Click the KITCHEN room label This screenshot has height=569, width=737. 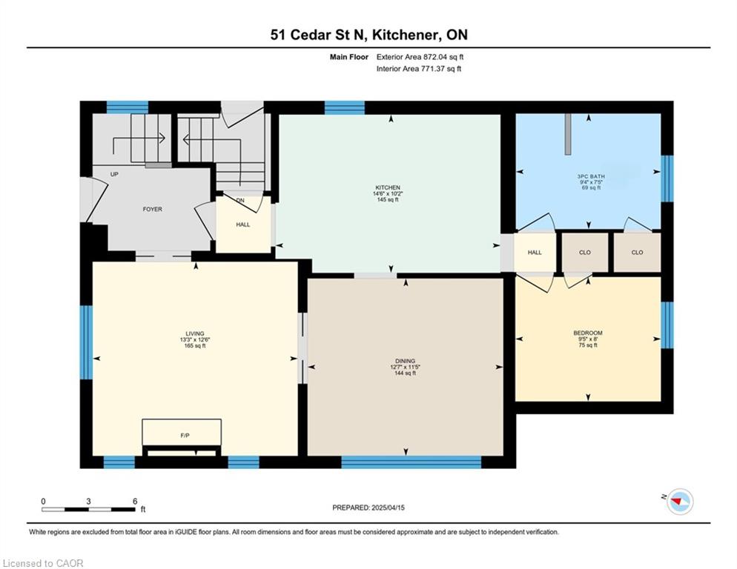pyautogui.click(x=388, y=187)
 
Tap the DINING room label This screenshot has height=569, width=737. pyautogui.click(x=405, y=362)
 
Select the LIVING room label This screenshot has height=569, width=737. pyautogui.click(x=195, y=333)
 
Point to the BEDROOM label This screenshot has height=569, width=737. pyautogui.click(x=587, y=333)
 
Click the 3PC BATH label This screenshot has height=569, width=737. pyautogui.click(x=591, y=176)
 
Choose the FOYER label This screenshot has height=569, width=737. pyautogui.click(x=152, y=209)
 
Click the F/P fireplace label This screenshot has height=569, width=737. pyautogui.click(x=185, y=436)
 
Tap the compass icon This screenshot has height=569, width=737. pyautogui.click(x=680, y=502)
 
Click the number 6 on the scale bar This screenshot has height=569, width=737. pyautogui.click(x=135, y=502)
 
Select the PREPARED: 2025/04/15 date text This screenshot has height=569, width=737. pyautogui.click(x=368, y=508)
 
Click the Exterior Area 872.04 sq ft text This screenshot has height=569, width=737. pyautogui.click(x=420, y=57)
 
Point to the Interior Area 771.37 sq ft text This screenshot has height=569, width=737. pyautogui.click(x=419, y=69)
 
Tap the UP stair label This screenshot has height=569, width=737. pyautogui.click(x=114, y=174)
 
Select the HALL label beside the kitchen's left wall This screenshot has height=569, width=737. pyautogui.click(x=243, y=224)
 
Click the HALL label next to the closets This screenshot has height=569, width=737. pyautogui.click(x=535, y=253)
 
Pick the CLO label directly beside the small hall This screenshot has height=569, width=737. pyautogui.click(x=585, y=253)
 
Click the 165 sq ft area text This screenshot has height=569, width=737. pyautogui.click(x=195, y=346)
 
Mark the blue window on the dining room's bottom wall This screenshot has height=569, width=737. pyautogui.click(x=412, y=462)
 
